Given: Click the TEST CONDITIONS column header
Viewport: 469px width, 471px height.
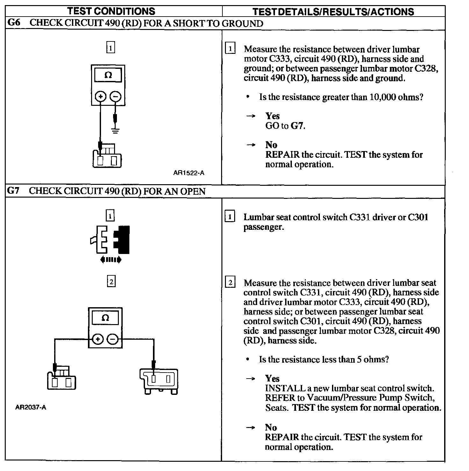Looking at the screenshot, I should (111, 11).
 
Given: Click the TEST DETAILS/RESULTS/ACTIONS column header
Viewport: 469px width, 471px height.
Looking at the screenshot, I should (333, 12).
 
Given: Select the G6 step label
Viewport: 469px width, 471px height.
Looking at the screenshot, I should (13, 23).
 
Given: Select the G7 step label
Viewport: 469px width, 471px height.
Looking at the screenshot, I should (13, 191).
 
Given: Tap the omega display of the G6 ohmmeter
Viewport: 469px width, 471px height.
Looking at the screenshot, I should (108, 75).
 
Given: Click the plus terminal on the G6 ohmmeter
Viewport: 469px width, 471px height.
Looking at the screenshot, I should (101, 97).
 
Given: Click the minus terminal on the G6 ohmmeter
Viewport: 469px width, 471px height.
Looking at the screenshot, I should (115, 97).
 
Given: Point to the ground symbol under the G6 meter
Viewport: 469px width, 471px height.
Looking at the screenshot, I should (115, 130).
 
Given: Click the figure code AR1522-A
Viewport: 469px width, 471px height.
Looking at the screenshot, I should (189, 173).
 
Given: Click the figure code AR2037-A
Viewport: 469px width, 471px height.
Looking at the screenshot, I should (31, 408).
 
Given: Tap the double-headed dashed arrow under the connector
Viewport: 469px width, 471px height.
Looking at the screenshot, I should (111, 260).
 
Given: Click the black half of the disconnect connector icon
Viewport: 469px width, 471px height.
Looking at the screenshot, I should (122, 240).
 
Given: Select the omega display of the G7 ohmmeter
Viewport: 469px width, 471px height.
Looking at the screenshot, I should (105, 318).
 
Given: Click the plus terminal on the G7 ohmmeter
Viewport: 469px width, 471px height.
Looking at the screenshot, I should (98, 339).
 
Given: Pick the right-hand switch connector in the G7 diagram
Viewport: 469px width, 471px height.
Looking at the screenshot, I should (159, 381).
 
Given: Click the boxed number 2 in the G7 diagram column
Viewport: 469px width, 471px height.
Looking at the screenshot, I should (111, 282).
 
